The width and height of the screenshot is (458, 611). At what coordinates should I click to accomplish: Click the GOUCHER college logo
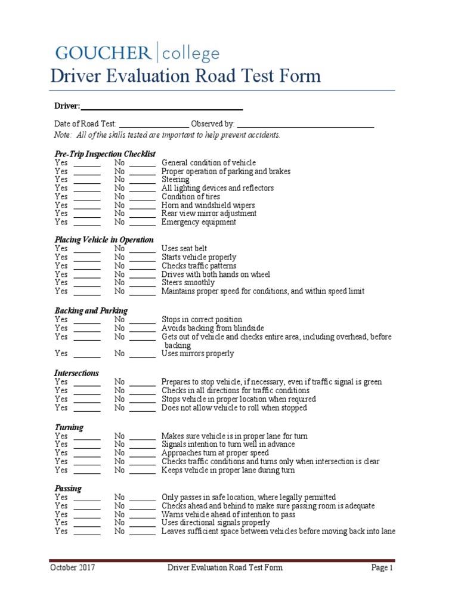137,53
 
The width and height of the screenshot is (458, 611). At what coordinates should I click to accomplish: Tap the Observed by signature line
305,124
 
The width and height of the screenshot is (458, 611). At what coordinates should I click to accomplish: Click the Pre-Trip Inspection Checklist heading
104,154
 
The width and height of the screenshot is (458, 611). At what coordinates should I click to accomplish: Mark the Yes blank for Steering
87,180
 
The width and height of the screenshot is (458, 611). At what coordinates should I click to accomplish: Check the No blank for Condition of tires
143,197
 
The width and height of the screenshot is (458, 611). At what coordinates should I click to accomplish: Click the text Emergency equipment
199,222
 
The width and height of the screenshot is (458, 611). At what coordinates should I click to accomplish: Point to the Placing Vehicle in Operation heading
104,240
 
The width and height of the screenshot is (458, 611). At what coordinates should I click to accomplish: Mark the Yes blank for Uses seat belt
87,249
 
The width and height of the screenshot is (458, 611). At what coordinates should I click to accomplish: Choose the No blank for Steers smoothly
143,283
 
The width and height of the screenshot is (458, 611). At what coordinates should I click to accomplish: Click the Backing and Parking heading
91,311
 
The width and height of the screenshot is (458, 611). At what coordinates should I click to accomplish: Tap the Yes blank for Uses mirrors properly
87,354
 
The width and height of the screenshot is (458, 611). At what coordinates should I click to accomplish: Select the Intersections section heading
76,373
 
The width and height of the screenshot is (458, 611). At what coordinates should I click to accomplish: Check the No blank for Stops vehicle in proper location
143,399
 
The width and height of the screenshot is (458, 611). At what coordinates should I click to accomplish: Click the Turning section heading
69,427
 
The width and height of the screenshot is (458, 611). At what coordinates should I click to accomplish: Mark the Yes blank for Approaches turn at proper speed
87,453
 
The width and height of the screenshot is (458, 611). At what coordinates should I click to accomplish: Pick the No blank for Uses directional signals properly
143,523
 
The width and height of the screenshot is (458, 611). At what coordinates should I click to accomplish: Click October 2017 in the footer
72,567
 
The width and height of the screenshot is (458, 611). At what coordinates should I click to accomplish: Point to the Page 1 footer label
382,567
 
